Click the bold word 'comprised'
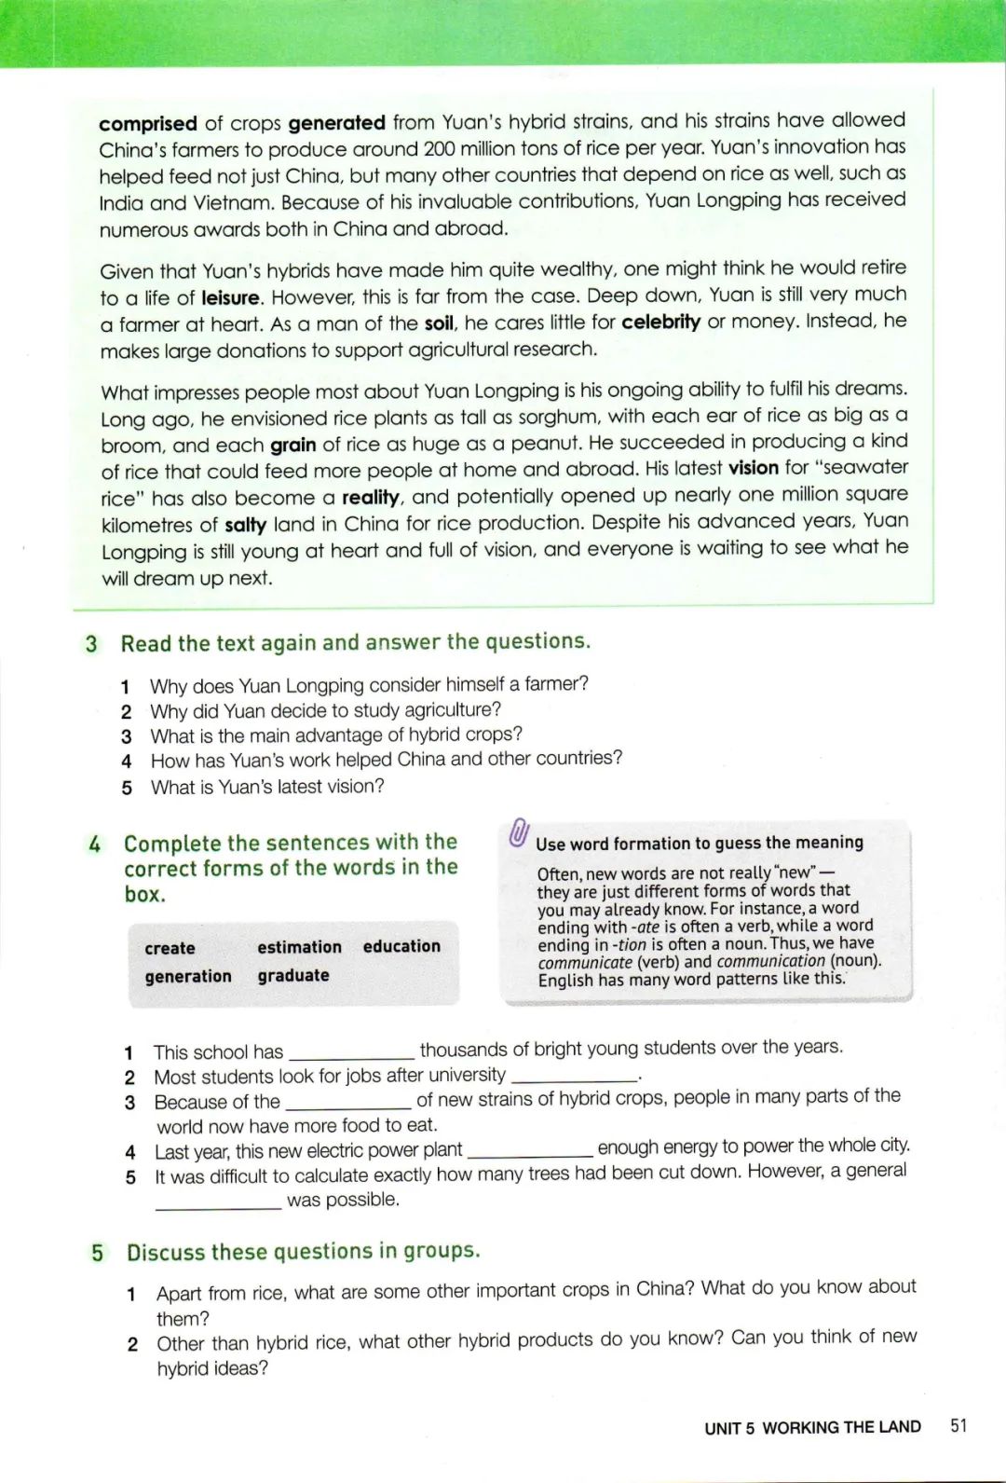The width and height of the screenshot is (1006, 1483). point(147,123)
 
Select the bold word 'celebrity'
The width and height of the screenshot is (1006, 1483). point(660,322)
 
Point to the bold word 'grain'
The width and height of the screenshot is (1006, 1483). point(292,445)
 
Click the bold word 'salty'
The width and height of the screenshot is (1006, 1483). point(245,525)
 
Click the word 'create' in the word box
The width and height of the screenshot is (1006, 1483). point(170,948)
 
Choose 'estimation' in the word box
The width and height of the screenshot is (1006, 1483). point(299,947)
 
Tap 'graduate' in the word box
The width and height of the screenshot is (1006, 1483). point(293,975)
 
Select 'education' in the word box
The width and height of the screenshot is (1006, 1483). point(401,946)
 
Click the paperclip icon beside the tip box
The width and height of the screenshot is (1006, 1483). point(519,832)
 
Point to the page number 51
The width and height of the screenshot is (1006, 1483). point(958,1425)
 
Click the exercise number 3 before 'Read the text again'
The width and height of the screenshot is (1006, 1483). point(91,644)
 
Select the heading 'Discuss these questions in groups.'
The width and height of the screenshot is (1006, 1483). point(304,1251)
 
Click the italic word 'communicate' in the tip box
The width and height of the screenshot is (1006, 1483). point(585,962)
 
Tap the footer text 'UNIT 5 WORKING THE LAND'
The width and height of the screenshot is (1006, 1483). point(812,1427)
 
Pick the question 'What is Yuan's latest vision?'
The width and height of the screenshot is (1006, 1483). point(267,787)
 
